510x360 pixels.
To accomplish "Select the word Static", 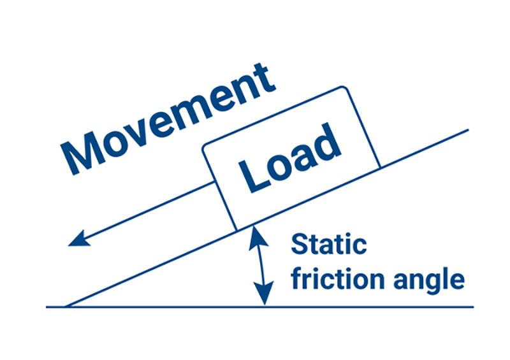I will click(x=329, y=245).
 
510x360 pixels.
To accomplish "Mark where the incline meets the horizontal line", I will click(x=66, y=306).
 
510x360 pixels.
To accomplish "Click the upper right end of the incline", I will click(x=468, y=130).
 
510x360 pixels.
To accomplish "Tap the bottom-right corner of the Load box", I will click(x=379, y=168).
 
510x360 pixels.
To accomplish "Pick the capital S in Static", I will click(x=300, y=245).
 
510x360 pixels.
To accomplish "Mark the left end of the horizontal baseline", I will click(x=47, y=307).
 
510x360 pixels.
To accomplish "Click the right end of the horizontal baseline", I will click(x=473, y=307).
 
